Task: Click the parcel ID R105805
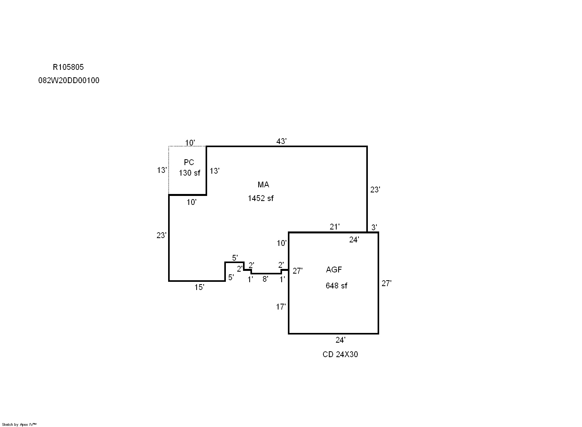[x=68, y=67]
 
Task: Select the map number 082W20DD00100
[x=69, y=80]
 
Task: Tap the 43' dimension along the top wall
[x=281, y=141]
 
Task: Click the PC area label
[x=189, y=162]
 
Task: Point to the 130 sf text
[x=189, y=173]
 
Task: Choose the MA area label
[x=263, y=185]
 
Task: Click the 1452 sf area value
[x=261, y=198]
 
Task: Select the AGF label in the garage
[x=334, y=270]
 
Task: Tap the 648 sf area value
[x=336, y=286]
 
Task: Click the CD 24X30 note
[x=340, y=354]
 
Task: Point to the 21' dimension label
[x=334, y=227]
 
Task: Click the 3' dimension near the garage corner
[x=374, y=227]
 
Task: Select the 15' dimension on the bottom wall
[x=199, y=287]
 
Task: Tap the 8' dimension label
[x=265, y=279]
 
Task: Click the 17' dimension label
[x=281, y=307]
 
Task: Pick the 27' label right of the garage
[x=386, y=283]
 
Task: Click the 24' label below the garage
[x=340, y=340]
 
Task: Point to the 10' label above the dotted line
[x=190, y=142]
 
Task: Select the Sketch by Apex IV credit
[x=19, y=424]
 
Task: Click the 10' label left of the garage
[x=282, y=243]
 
